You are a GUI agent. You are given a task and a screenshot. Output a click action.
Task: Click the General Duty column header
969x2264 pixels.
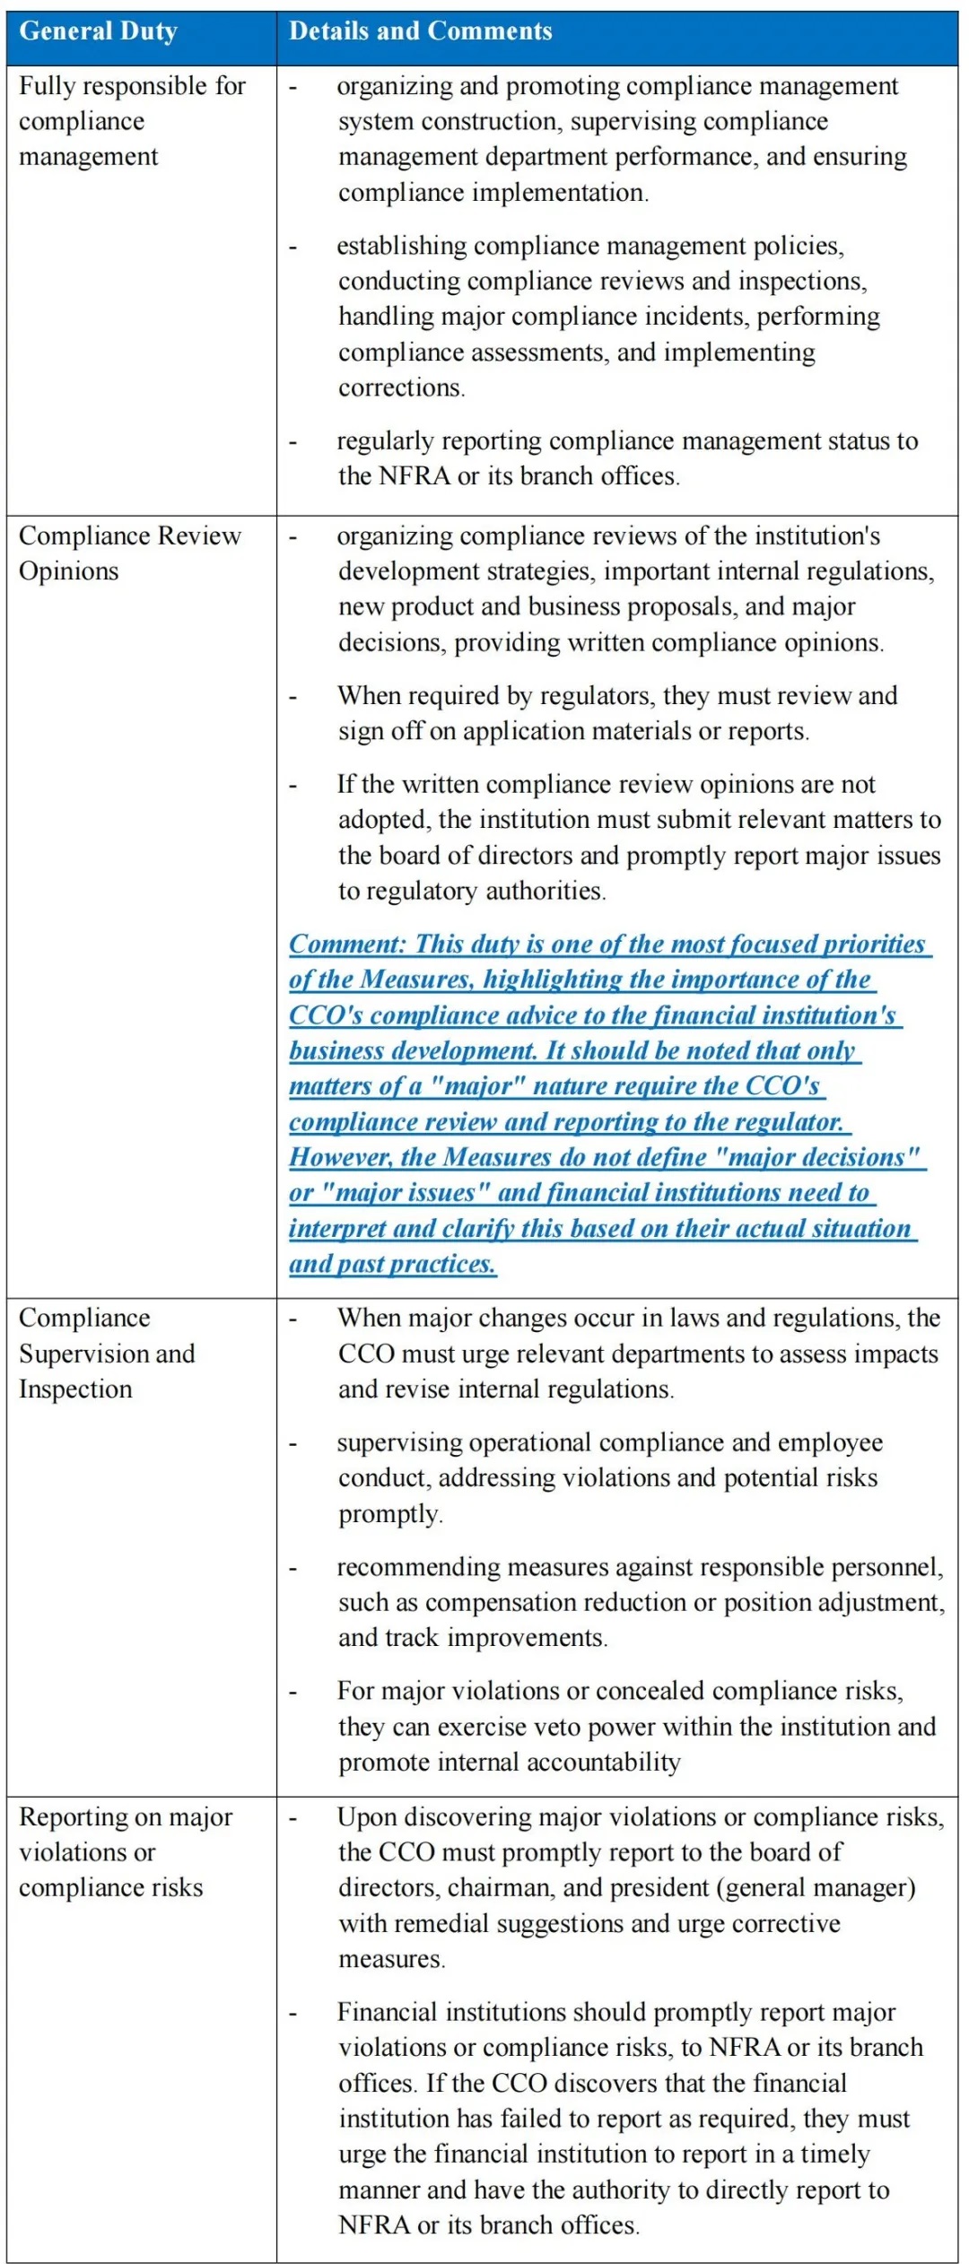pos(98,31)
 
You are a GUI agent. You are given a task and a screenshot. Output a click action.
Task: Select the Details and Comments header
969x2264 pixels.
pos(420,31)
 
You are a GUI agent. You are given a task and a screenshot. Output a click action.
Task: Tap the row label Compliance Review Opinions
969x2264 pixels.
pos(129,553)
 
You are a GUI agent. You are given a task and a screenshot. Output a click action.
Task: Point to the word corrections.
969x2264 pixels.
pos(400,387)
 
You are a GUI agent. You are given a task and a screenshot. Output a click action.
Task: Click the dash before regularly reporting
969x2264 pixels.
pos(292,442)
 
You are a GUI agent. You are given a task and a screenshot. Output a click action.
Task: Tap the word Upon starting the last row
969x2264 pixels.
pos(362,1816)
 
